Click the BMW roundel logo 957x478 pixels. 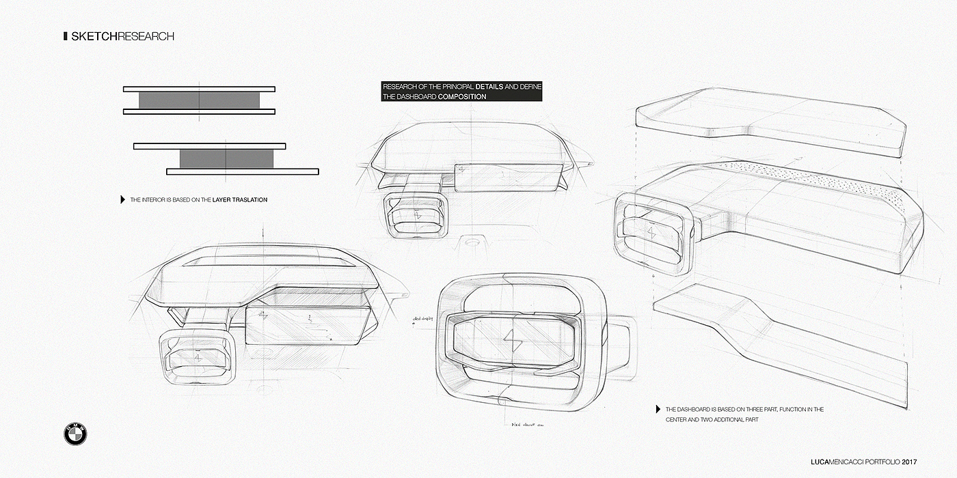(x=76, y=434)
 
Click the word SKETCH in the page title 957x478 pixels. (x=94, y=36)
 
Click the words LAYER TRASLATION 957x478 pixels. (x=240, y=200)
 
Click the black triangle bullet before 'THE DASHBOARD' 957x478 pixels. (x=658, y=409)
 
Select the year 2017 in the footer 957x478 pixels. (x=909, y=462)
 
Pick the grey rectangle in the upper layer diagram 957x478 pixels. (x=199, y=100)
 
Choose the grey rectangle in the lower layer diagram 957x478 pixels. (x=226, y=158)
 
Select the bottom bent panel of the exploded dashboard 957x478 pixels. (x=779, y=348)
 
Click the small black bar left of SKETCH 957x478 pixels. (x=64, y=36)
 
